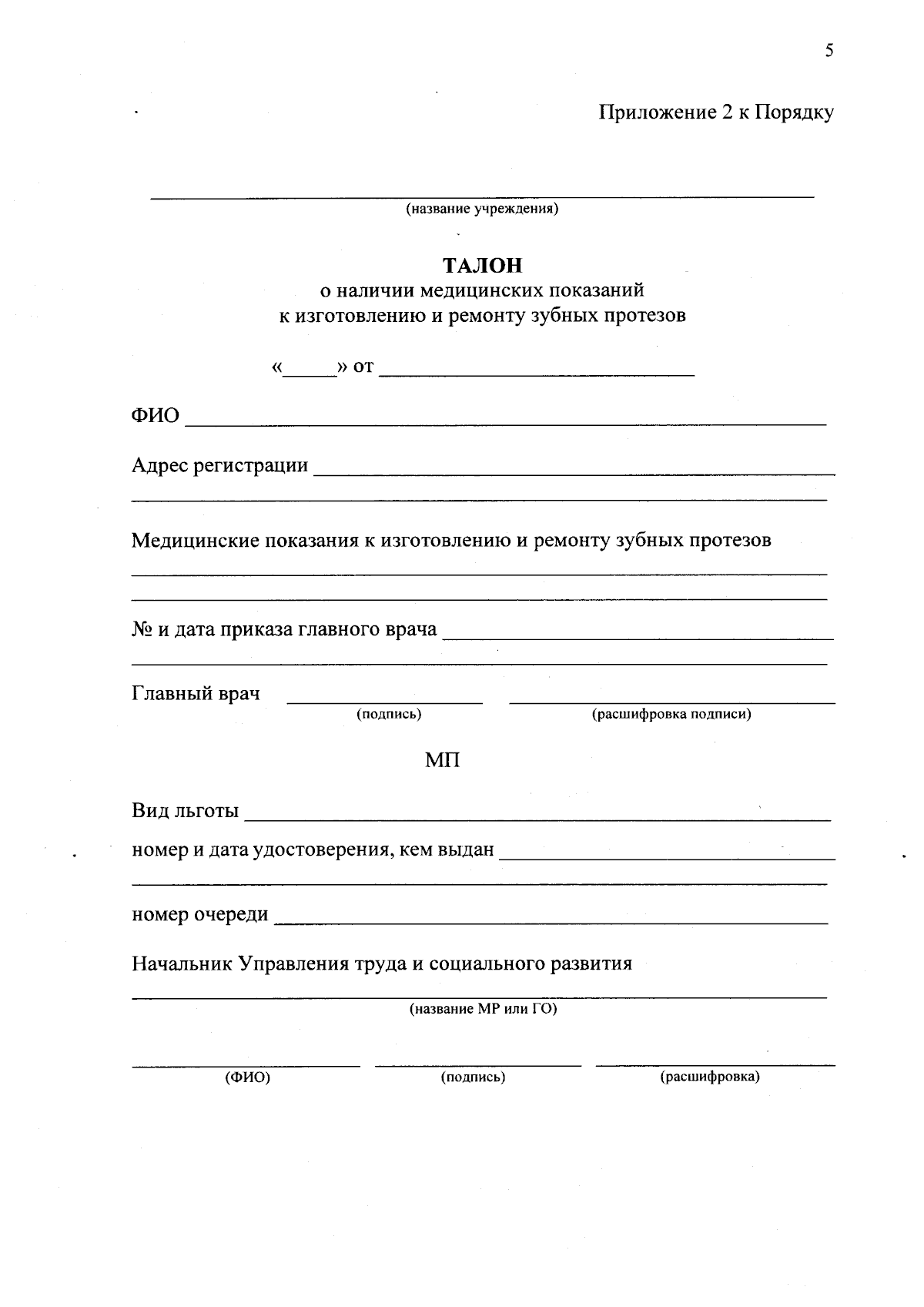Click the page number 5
[x=829, y=52]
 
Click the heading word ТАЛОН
[x=482, y=266]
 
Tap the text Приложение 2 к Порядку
[x=716, y=113]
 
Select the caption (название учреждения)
[x=482, y=209]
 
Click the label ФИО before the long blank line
[x=156, y=416]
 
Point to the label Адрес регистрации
[x=220, y=466]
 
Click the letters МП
[x=443, y=761]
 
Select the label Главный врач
[x=196, y=693]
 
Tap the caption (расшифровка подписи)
[x=671, y=714]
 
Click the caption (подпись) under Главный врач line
[x=388, y=714]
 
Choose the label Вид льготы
[x=186, y=811]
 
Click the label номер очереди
[x=200, y=914]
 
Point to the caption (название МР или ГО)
[x=482, y=1008]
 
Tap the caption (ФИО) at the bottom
[x=247, y=1077]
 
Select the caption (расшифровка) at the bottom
[x=709, y=1077]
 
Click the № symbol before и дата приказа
[x=142, y=629]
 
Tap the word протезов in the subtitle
[x=646, y=316]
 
